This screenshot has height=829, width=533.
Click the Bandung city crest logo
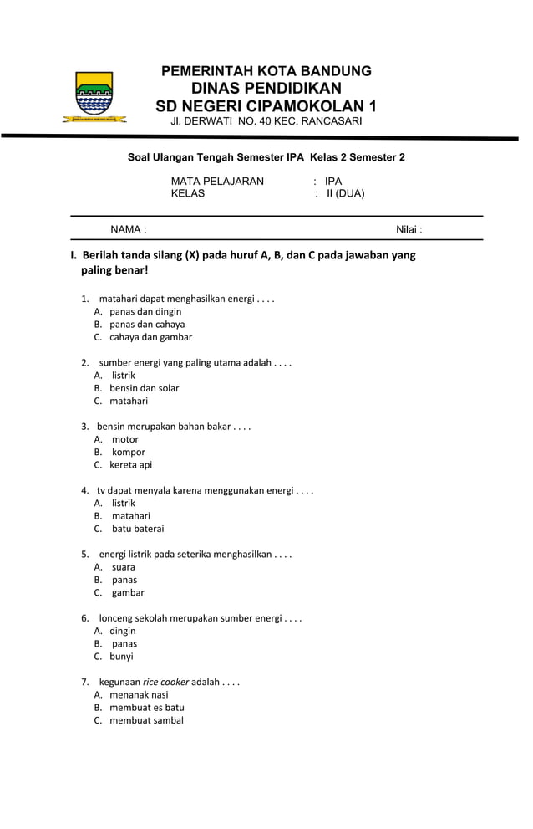click(x=94, y=97)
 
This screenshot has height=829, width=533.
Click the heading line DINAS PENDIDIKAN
click(x=266, y=89)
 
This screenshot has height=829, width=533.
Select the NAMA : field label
click(x=129, y=229)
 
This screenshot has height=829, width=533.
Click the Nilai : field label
click(x=409, y=229)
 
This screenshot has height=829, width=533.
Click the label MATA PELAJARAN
click(x=217, y=181)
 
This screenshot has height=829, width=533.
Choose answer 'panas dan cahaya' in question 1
click(x=147, y=325)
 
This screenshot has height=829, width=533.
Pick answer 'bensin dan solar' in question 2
click(x=144, y=388)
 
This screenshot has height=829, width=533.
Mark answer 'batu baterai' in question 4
click(x=138, y=529)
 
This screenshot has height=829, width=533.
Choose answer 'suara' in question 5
click(x=124, y=567)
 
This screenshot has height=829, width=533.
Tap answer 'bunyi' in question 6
click(x=121, y=657)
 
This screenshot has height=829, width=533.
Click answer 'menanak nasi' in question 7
click(x=139, y=694)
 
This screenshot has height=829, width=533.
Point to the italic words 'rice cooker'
click(x=165, y=682)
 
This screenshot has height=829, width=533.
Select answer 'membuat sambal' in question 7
click(x=146, y=720)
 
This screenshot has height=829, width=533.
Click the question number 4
click(x=85, y=490)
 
